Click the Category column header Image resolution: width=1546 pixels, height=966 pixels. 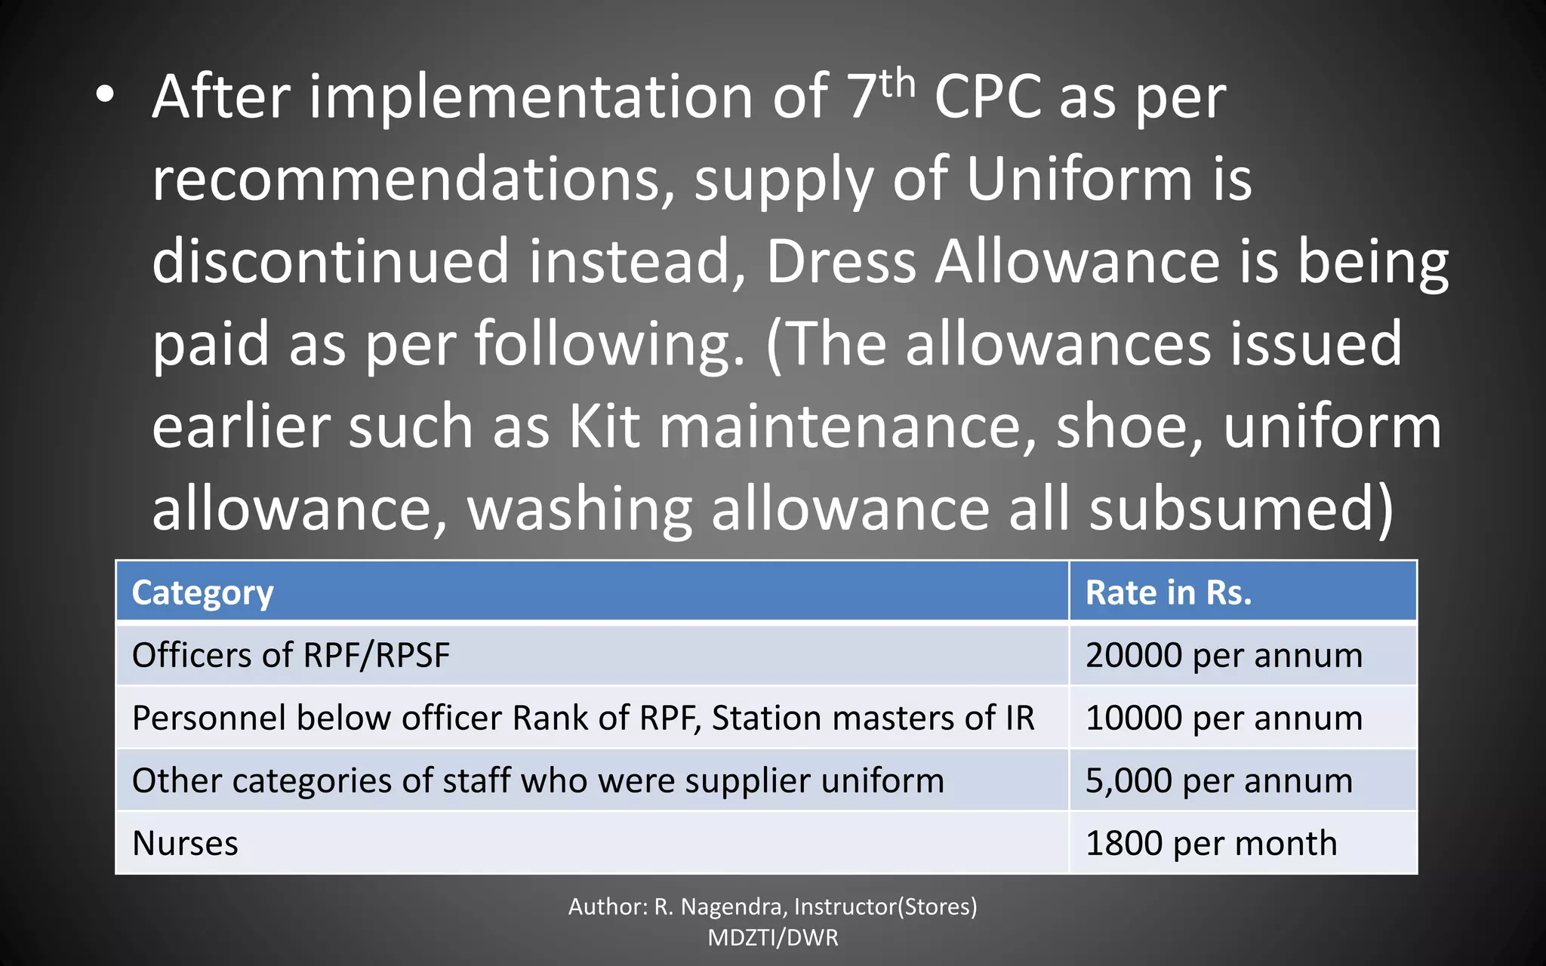(202, 593)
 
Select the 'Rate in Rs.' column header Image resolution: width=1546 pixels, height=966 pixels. (1168, 593)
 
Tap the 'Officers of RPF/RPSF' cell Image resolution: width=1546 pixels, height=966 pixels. (291, 655)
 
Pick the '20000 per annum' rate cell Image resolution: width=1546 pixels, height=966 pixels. (1224, 655)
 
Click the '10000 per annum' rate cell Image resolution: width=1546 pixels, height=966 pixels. (1224, 718)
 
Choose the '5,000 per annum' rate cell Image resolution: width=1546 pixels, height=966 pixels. (1218, 780)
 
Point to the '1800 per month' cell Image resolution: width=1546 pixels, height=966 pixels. (1211, 843)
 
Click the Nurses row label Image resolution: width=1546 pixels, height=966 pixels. (185, 843)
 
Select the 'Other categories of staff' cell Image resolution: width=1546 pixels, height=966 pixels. (537, 780)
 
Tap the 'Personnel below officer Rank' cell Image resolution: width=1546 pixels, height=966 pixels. (583, 718)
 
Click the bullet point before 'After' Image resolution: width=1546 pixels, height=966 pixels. (105, 95)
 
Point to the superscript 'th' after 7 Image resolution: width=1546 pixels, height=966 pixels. (897, 83)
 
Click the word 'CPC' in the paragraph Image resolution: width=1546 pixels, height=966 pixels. (988, 98)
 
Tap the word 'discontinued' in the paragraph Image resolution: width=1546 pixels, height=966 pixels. (331, 261)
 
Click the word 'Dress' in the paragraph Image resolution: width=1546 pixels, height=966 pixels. (841, 261)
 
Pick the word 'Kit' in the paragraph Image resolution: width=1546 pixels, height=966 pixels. (604, 426)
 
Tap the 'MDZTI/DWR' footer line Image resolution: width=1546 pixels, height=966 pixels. (772, 938)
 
